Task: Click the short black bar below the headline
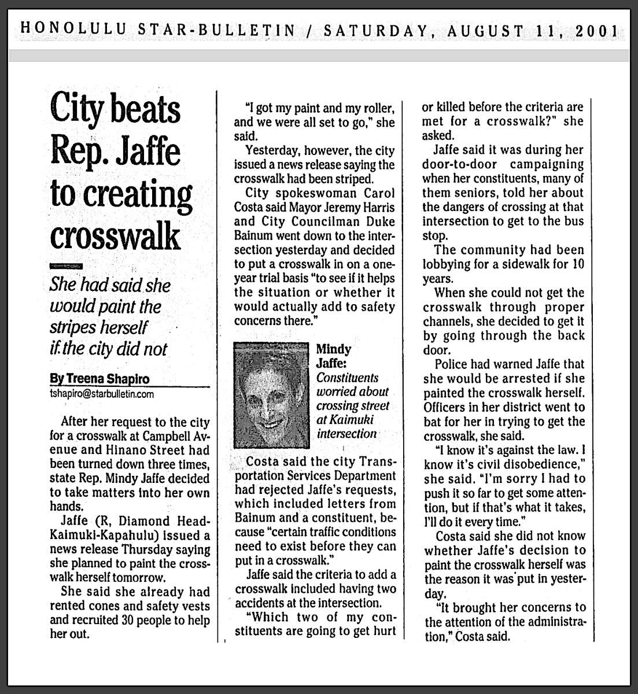tap(66, 266)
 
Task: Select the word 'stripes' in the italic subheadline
tap(71, 327)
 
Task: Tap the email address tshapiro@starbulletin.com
tap(102, 394)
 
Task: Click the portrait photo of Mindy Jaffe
tap(271, 396)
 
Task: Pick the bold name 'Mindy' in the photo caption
tap(333, 349)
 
